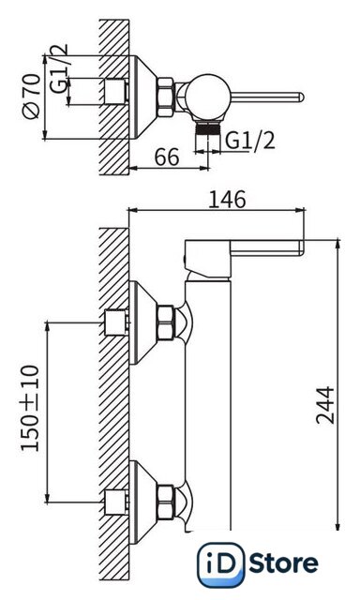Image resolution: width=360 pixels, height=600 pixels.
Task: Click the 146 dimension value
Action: (x=227, y=199)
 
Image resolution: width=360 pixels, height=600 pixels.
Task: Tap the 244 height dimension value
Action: (x=324, y=405)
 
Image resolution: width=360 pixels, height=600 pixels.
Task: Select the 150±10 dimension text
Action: (x=30, y=409)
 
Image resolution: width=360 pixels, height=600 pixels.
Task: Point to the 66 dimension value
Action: (x=167, y=157)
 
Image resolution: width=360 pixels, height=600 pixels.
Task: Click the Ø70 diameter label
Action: (x=31, y=96)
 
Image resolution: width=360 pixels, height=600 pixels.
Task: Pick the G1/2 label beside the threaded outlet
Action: (x=250, y=141)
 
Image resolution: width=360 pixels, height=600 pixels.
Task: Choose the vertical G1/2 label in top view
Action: (x=58, y=68)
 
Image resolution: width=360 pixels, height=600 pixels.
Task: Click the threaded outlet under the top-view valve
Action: (x=208, y=127)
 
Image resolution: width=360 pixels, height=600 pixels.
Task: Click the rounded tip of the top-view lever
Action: (x=301, y=97)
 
